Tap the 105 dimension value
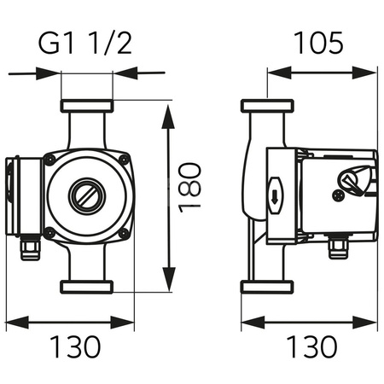coord(319,41)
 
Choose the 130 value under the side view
coord(306,346)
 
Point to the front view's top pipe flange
coord(86,107)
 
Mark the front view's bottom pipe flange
coord(86,285)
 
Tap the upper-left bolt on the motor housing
coord(51,160)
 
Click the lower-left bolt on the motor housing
coord(50,232)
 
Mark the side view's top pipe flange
coord(268,107)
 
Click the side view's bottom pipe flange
coord(268,286)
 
